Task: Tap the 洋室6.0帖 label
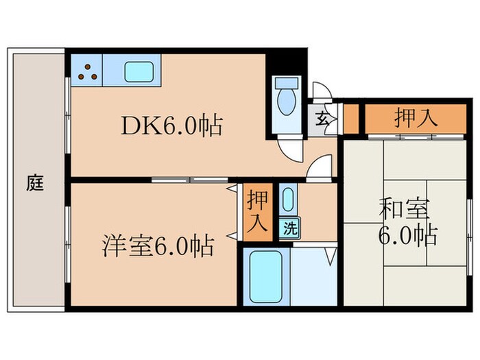(158, 245)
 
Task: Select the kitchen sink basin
(139, 71)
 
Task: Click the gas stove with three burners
(86, 70)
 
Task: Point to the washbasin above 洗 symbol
(287, 201)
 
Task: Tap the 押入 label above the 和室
(416, 118)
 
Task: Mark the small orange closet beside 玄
(350, 119)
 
